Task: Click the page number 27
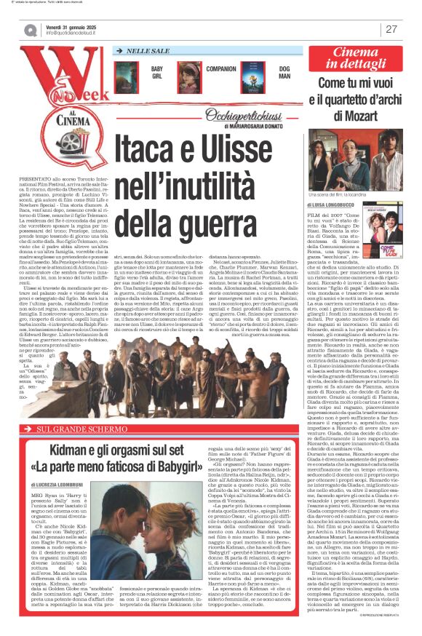[x=391, y=29]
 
